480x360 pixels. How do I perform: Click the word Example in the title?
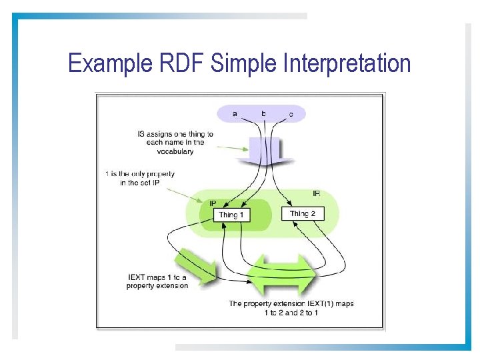point(111,64)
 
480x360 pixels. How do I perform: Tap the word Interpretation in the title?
point(347,64)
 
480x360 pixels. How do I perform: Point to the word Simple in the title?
point(245,64)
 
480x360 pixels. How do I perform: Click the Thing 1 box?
point(231,215)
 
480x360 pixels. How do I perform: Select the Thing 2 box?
point(307,213)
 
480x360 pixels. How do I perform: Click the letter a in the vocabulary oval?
point(235,114)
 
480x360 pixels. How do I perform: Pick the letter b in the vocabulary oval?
point(263,113)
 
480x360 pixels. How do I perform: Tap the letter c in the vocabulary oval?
point(291,115)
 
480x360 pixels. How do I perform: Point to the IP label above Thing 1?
point(213,203)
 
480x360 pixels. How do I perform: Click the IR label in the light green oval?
point(316,193)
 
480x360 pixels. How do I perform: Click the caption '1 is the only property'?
point(139,174)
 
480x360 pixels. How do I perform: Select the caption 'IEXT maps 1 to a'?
point(157,277)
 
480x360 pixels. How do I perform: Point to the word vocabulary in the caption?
point(175,151)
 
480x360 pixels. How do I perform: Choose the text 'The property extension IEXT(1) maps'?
point(291,303)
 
